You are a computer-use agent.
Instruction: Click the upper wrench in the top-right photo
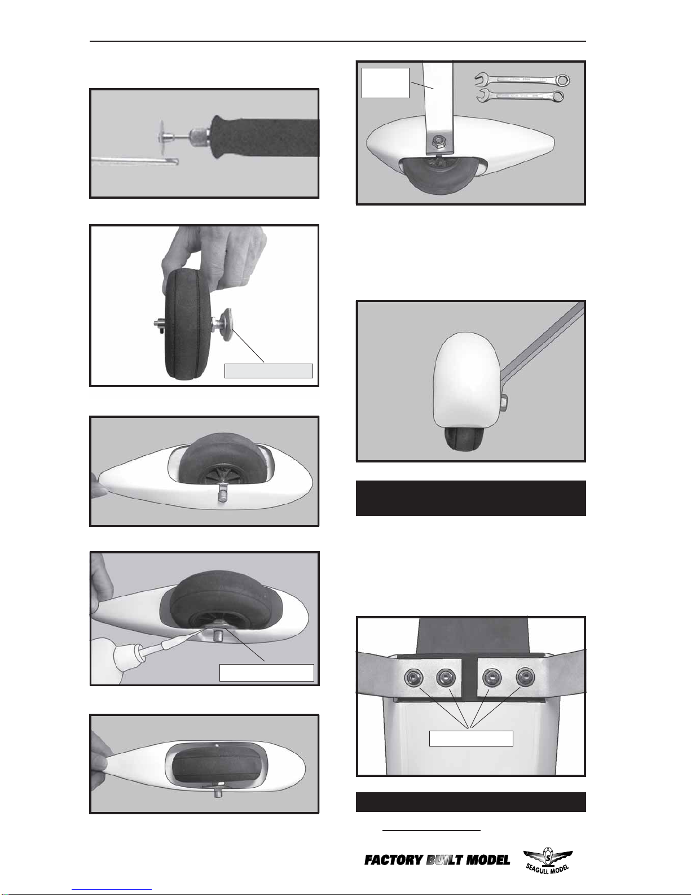tap(522, 79)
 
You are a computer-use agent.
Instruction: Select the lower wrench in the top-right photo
tap(520, 96)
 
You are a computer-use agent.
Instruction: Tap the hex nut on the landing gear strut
tap(437, 143)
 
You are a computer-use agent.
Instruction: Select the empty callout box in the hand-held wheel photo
tap(269, 370)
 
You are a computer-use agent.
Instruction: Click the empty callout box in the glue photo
tap(266, 673)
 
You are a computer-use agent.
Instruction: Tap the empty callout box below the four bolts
tap(471, 739)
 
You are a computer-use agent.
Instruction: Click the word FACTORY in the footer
tap(393, 860)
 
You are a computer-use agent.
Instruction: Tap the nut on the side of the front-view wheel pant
tap(504, 402)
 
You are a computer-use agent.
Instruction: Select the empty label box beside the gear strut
tap(385, 83)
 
